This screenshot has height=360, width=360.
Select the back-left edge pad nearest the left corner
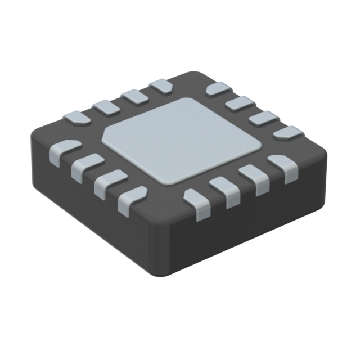point(75,118)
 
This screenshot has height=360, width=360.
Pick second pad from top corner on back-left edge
point(134,96)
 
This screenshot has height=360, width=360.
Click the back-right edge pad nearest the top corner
point(218,89)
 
